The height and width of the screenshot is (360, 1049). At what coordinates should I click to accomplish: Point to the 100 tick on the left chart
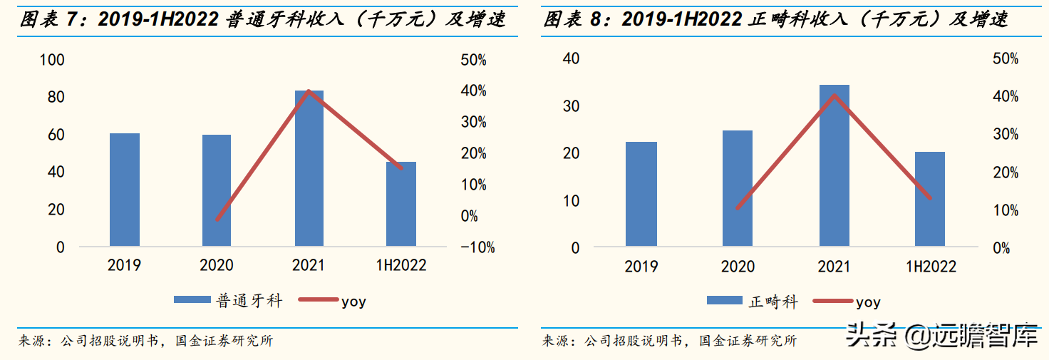pyautogui.click(x=52, y=60)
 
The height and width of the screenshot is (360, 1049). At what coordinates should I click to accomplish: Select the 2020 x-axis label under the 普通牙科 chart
pyautogui.click(x=217, y=265)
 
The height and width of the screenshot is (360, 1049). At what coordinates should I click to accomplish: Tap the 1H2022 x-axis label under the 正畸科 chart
pyautogui.click(x=931, y=267)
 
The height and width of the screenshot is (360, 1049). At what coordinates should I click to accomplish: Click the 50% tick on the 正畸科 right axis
pyautogui.click(x=1006, y=59)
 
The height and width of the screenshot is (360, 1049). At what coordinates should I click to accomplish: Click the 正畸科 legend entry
pyautogui.click(x=772, y=302)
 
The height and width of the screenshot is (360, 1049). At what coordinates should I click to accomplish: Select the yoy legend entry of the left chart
pyautogui.click(x=353, y=301)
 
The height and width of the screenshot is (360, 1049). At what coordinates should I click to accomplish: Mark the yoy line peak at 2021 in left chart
pyautogui.click(x=309, y=91)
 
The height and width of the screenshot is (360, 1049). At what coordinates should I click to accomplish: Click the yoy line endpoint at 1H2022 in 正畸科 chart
pyautogui.click(x=929, y=197)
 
